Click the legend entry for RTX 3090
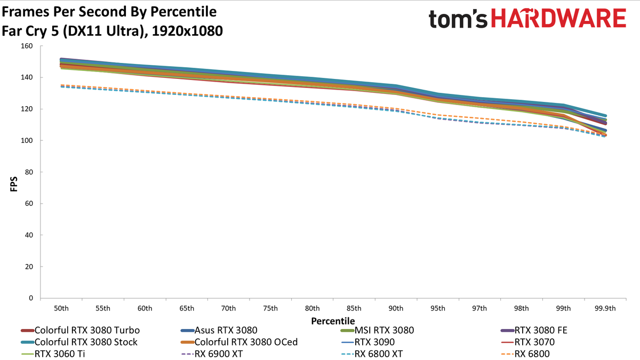tap(368, 342)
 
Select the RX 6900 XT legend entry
tap(212, 354)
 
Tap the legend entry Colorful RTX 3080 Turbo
tap(81, 330)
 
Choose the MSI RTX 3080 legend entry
tap(378, 330)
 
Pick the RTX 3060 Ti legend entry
tap(53, 354)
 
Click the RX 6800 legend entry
tap(525, 354)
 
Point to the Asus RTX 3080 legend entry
tap(219, 330)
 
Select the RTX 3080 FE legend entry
tap(534, 330)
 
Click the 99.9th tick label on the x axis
tap(605, 308)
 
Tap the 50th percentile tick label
tap(61, 308)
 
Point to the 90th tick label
tap(396, 308)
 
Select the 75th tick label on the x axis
tap(270, 308)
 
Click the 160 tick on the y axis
tap(27, 46)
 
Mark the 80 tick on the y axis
tap(29, 172)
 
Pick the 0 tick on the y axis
tap(31, 298)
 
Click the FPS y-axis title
tap(14, 184)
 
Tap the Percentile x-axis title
tap(333, 321)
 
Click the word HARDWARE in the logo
tap(559, 18)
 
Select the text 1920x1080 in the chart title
tap(187, 31)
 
